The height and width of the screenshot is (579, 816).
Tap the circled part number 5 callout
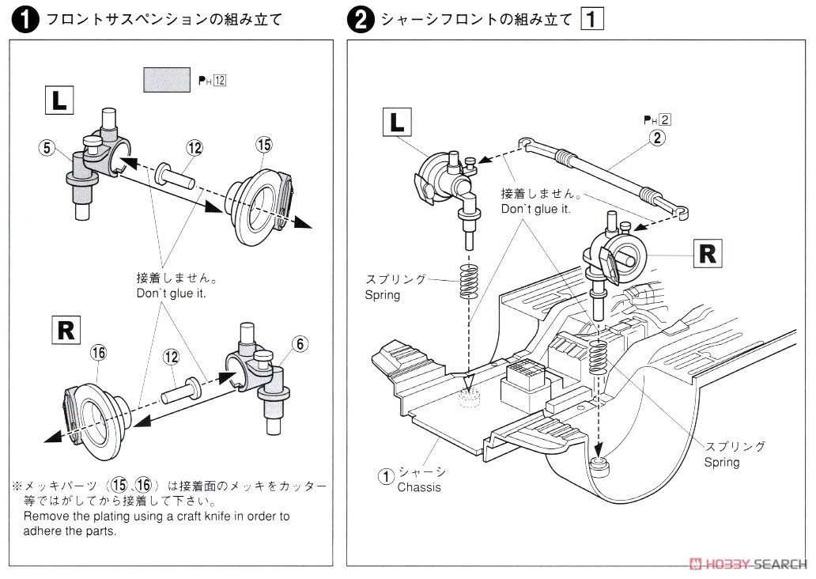pyautogui.click(x=47, y=147)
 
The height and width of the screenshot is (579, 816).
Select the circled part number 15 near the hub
pyautogui.click(x=263, y=144)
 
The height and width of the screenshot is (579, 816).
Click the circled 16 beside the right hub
pyautogui.click(x=98, y=353)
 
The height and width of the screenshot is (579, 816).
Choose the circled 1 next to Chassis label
pyautogui.click(x=385, y=476)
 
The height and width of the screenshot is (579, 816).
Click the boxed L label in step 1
pyautogui.click(x=59, y=101)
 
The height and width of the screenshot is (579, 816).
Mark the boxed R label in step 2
pyautogui.click(x=708, y=253)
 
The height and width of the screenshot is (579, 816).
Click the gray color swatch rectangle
pyautogui.click(x=167, y=79)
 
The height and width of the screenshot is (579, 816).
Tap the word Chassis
pyautogui.click(x=419, y=487)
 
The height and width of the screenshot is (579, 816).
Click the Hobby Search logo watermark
pyautogui.click(x=748, y=564)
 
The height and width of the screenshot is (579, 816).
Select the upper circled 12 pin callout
pyautogui.click(x=195, y=147)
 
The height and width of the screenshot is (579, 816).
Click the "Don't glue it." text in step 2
pyautogui.click(x=536, y=210)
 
